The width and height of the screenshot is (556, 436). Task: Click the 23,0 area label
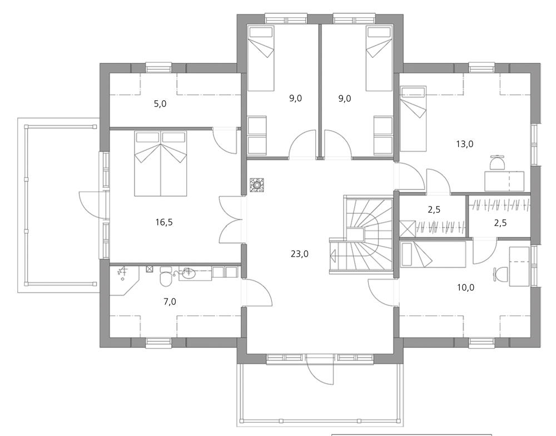click(300, 254)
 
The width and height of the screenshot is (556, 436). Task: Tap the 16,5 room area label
click(164, 222)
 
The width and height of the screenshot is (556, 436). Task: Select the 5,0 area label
click(160, 104)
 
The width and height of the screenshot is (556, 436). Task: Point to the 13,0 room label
click(464, 144)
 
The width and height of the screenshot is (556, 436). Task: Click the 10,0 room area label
click(465, 287)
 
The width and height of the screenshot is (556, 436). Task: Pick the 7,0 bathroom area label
click(170, 302)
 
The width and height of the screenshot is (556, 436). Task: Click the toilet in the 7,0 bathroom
click(166, 277)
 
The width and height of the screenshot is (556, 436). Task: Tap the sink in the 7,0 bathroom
click(188, 273)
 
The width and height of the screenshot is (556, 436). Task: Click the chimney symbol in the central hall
click(256, 185)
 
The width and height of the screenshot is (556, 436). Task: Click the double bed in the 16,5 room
click(161, 163)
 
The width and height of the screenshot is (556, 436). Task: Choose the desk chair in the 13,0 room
click(498, 163)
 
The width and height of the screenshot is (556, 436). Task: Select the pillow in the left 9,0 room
click(261, 32)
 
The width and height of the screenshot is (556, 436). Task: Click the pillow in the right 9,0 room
click(379, 32)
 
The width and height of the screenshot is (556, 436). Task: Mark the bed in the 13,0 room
click(413, 119)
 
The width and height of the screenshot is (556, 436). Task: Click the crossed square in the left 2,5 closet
click(408, 229)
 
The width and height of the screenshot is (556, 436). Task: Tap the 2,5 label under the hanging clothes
click(500, 223)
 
